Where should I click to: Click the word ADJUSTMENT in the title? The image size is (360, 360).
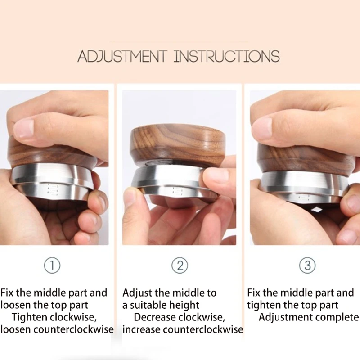(x=121, y=56)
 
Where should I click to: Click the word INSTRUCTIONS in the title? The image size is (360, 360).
(x=227, y=56)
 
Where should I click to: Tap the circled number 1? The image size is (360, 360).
(x=52, y=265)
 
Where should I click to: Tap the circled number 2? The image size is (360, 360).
(x=180, y=265)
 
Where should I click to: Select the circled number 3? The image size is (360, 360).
(x=307, y=265)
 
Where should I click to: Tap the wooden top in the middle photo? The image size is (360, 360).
(x=178, y=144)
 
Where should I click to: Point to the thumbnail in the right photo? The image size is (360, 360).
(x=262, y=129)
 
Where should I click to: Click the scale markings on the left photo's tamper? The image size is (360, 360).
(x=52, y=189)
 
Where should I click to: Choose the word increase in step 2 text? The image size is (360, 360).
(x=141, y=330)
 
